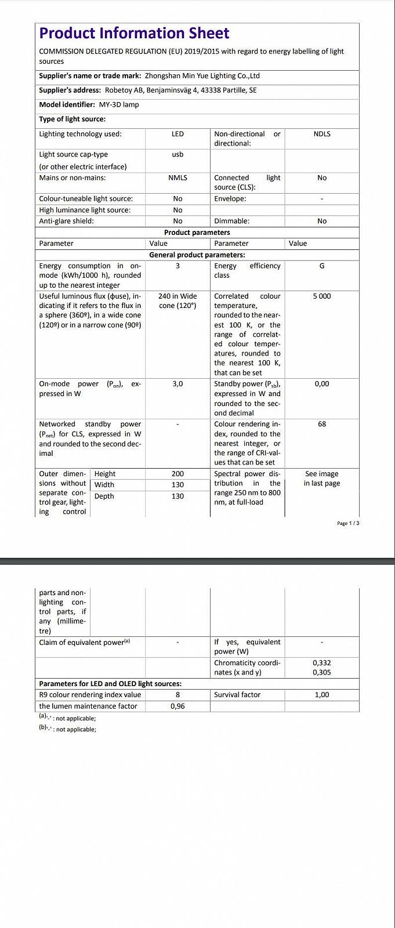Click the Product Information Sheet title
[134, 33]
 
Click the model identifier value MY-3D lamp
[119, 105]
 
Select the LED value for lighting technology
[177, 134]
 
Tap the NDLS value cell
[322, 134]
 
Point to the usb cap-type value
[177, 155]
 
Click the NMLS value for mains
[177, 178]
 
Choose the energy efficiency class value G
[322, 266]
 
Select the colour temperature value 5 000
[322, 296]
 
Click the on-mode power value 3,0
[177, 384]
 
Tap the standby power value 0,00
[322, 384]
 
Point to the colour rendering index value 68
[322, 425]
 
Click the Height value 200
[177, 474]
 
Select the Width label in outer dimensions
[104, 485]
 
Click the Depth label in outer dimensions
[104, 496]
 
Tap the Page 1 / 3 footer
[348, 524]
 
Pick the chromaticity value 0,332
[322, 663]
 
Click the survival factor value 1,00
[322, 695]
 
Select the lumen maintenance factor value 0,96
[177, 706]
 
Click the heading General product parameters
[197, 255]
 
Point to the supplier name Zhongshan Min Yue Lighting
[202, 76]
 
